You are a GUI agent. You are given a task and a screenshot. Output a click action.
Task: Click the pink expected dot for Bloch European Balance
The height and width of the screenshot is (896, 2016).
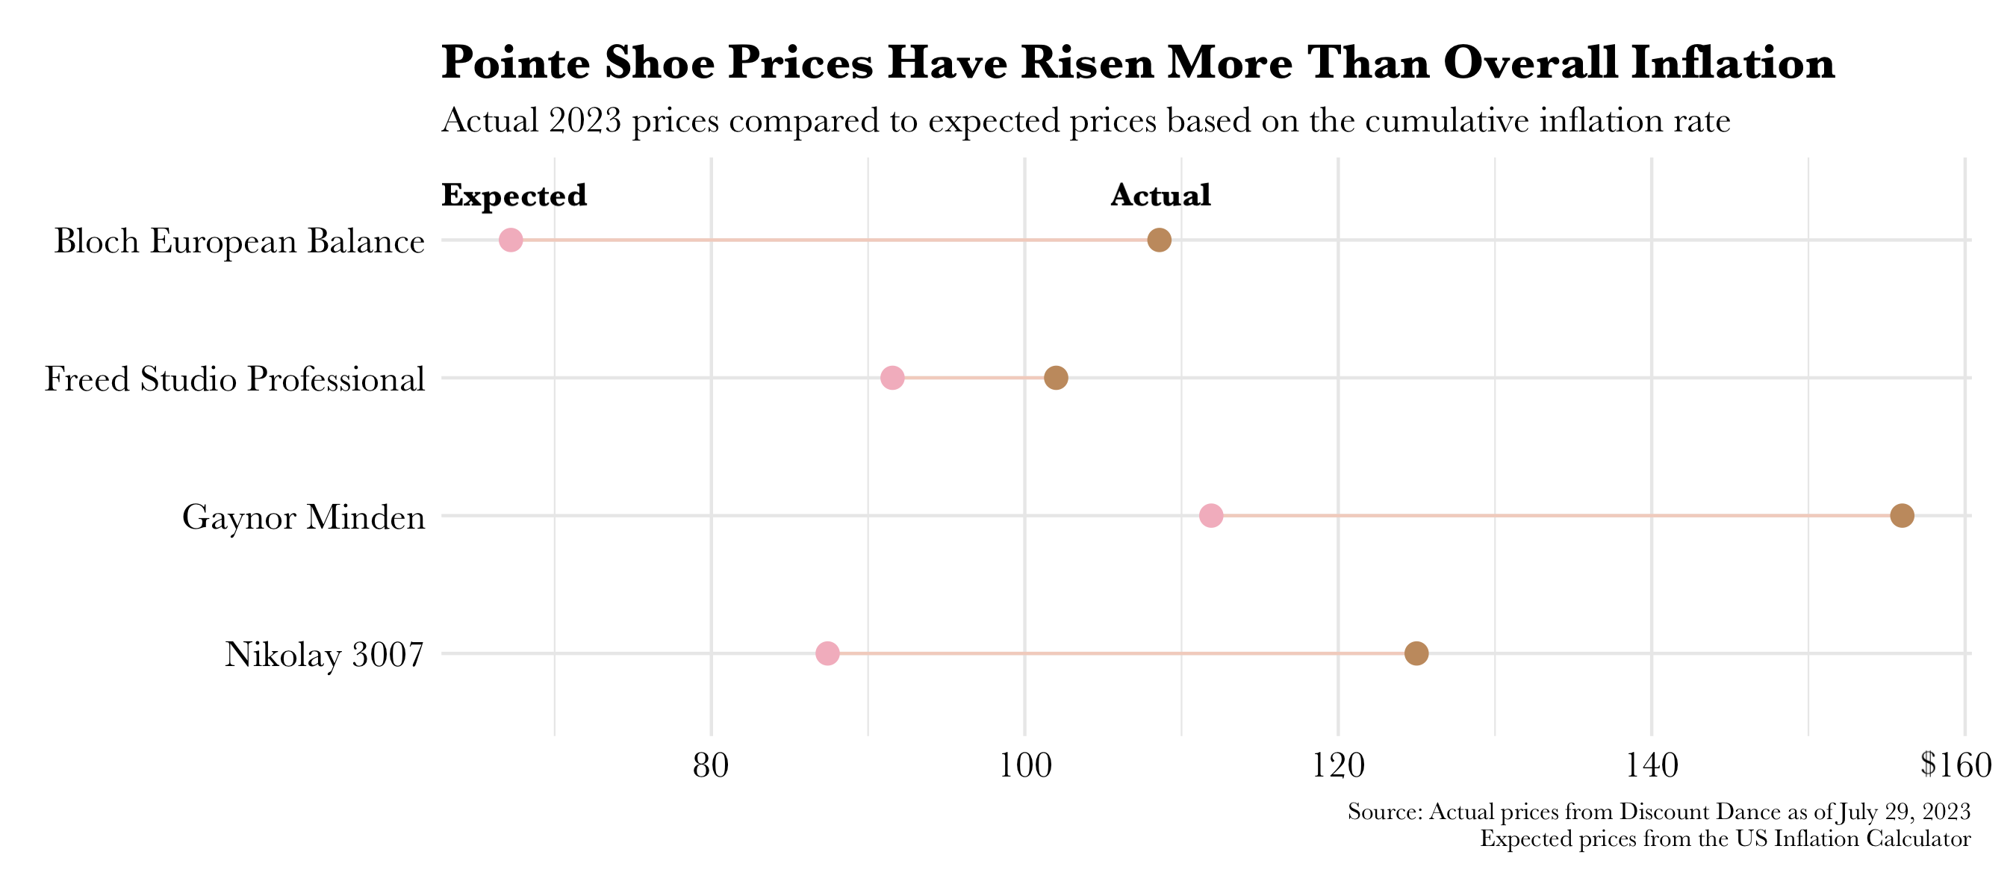tap(510, 240)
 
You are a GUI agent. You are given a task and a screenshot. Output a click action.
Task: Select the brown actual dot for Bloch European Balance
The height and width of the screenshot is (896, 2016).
tap(1159, 240)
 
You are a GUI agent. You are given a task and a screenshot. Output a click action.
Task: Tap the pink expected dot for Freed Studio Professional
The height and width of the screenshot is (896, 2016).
tap(892, 378)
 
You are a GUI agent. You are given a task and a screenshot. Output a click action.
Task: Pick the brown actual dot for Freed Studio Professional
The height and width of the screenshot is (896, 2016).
tap(1056, 378)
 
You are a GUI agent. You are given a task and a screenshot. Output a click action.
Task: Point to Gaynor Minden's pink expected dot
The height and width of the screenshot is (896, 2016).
tap(1210, 516)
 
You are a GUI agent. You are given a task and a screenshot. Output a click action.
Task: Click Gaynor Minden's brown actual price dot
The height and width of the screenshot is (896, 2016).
tap(1902, 516)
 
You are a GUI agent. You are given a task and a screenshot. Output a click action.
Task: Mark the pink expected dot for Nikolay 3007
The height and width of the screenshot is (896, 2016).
tap(827, 653)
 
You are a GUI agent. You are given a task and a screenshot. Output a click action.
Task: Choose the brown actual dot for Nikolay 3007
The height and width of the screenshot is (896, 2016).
tap(1416, 653)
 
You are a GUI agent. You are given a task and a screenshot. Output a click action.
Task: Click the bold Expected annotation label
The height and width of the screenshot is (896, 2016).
tap(514, 196)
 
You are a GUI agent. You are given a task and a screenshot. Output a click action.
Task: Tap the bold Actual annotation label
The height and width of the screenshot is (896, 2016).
tap(1160, 196)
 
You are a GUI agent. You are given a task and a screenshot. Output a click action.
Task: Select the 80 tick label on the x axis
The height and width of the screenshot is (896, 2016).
tap(711, 765)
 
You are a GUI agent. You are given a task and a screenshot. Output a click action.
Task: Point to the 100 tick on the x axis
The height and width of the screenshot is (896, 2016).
tap(1025, 765)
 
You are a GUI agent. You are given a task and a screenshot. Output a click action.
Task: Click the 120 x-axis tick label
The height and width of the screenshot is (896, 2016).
tap(1338, 765)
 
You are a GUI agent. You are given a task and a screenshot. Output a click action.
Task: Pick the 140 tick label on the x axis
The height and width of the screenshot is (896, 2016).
tap(1652, 765)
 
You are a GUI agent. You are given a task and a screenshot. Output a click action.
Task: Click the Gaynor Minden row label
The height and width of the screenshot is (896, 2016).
tap(304, 517)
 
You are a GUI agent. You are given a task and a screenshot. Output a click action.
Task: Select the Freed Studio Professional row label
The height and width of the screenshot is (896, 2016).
tap(234, 379)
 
